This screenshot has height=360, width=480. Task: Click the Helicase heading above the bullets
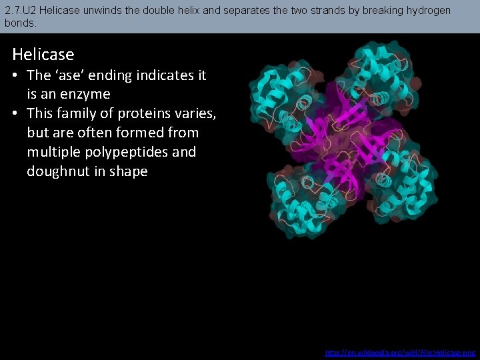[43, 54]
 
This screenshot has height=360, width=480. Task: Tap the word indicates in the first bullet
[161, 75]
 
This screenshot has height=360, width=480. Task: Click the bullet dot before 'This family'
[17, 113]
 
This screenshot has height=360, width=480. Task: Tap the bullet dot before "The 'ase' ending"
[17, 75]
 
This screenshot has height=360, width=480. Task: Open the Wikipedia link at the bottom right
[400, 352]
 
